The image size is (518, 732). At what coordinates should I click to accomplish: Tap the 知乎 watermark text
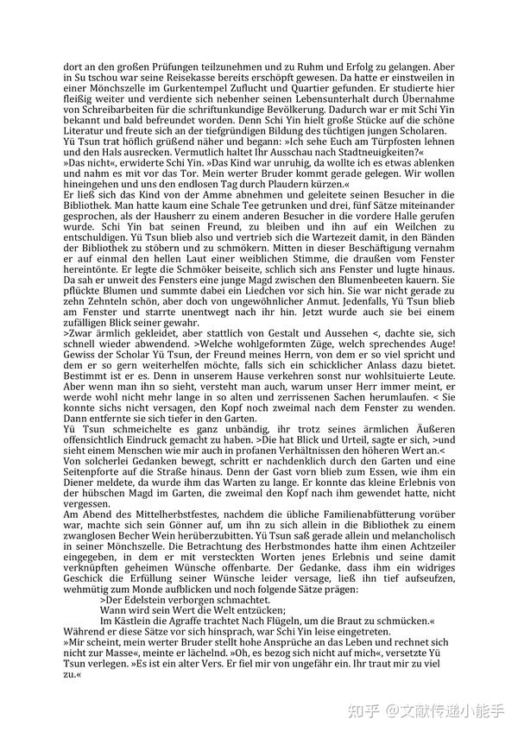368,711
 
